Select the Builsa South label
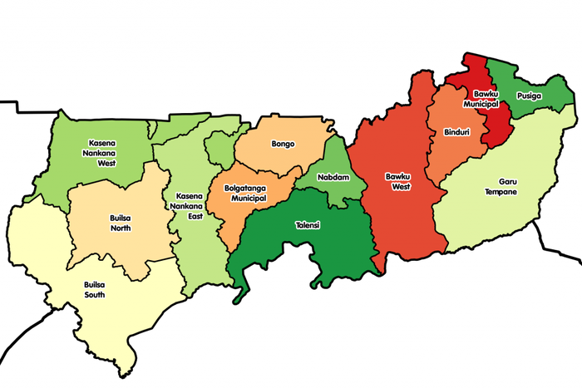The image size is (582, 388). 95,289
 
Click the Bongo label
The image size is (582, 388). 283,144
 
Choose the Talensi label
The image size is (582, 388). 307,225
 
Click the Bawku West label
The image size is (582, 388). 397,181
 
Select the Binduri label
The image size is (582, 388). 456,132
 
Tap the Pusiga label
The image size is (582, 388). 528,96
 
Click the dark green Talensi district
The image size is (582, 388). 283,249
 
